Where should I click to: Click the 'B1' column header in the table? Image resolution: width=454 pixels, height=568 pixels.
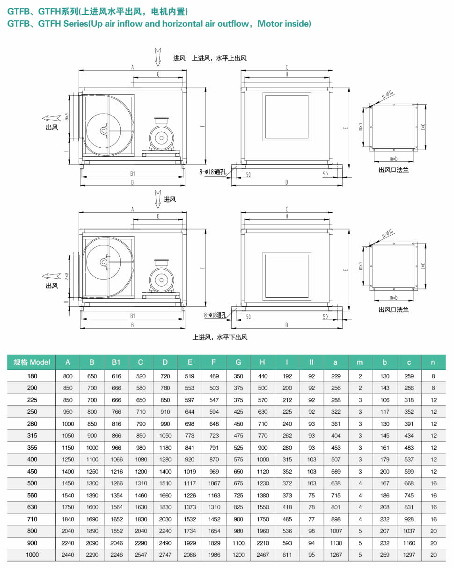click(116, 362)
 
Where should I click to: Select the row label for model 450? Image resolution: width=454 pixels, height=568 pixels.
click(32, 471)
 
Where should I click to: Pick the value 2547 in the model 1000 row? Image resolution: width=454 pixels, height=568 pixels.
click(141, 555)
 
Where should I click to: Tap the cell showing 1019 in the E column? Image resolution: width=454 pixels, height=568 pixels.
click(190, 471)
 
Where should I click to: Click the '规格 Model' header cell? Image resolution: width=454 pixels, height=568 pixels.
click(31, 362)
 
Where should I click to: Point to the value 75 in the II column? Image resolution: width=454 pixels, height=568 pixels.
click(312, 496)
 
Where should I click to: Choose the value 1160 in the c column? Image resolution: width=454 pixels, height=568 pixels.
click(409, 543)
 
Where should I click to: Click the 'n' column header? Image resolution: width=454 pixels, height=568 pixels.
click(433, 362)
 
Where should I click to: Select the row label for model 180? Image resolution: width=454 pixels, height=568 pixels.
click(32, 376)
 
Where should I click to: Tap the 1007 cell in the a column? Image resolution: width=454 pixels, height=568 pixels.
click(336, 531)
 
